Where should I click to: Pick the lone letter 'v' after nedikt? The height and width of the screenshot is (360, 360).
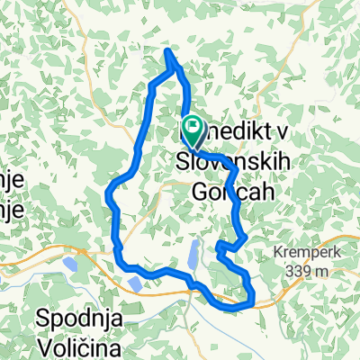coord(282,131)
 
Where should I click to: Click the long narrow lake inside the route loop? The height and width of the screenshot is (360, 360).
coord(193,256)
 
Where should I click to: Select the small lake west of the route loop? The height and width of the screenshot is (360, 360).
coord(68,264)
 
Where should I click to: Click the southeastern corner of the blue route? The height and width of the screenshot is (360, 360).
coord(252,301)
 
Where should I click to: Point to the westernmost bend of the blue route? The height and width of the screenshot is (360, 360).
coord(110,190)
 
